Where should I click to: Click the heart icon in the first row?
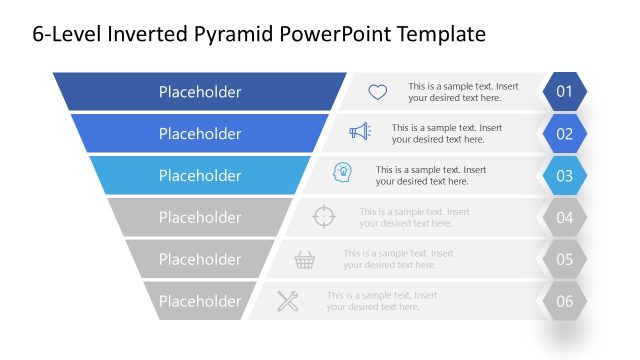(377, 92)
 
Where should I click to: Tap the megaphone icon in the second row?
(360, 131)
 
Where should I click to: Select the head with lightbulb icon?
(342, 173)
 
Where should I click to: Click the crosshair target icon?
(324, 215)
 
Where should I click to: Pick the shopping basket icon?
(305, 260)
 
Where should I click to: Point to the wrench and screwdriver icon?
(288, 300)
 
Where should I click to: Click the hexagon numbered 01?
(564, 92)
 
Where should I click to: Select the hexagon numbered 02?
(564, 134)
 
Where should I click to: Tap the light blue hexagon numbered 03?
(564, 176)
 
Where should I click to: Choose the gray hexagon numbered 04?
(564, 217)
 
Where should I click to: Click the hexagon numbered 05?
(564, 259)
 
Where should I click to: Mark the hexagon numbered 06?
(564, 301)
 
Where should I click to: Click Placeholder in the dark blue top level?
(200, 92)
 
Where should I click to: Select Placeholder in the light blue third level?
(200, 176)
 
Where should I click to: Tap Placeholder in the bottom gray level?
(200, 301)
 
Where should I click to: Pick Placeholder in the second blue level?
(200, 134)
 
